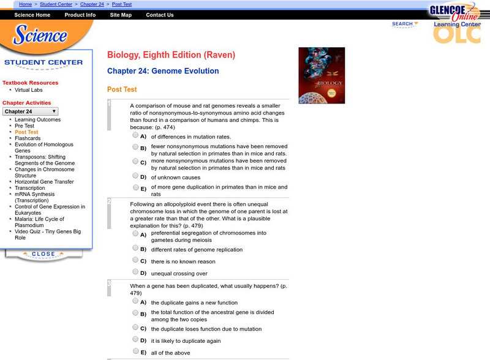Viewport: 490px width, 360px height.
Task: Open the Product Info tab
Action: pos(80,15)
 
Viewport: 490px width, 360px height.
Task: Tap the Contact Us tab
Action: pos(160,15)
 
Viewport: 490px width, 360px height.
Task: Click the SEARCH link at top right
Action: pos(404,24)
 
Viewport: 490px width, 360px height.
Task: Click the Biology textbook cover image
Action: pos(322,75)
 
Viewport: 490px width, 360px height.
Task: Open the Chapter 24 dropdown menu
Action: pos(31,111)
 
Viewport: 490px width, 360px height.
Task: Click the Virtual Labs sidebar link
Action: pos(28,90)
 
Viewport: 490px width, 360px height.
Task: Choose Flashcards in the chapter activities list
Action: pos(28,138)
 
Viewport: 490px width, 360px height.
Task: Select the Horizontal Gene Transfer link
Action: pos(45,182)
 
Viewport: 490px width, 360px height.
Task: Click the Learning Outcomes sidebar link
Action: pos(37,119)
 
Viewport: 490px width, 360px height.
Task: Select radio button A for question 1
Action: pos(135,136)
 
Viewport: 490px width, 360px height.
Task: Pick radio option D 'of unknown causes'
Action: pos(135,176)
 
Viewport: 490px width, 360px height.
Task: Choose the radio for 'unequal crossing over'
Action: pos(135,272)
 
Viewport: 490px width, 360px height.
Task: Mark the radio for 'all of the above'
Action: pos(135,351)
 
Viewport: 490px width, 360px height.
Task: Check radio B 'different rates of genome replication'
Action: pos(135,249)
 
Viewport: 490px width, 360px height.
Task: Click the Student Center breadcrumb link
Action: pos(56,4)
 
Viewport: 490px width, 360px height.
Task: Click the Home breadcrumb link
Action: pos(26,4)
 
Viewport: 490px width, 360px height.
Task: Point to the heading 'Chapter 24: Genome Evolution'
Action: pos(163,71)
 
